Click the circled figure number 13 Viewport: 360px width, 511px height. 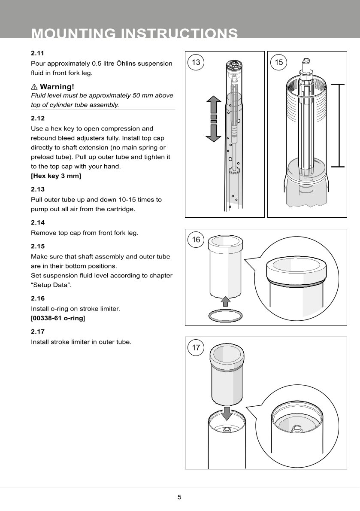tap(196, 62)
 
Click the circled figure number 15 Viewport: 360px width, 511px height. tap(279, 62)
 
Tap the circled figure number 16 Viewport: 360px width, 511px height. tap(196, 240)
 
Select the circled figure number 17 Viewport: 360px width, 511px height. tap(196, 348)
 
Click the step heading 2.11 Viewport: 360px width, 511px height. tap(38, 54)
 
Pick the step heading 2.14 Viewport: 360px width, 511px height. tap(38, 223)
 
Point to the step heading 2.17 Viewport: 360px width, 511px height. tap(38, 332)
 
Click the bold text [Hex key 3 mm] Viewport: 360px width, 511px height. tap(56, 176)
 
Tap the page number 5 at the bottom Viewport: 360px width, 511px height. tap(180, 497)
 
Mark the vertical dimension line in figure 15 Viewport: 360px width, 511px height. tap(339, 125)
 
